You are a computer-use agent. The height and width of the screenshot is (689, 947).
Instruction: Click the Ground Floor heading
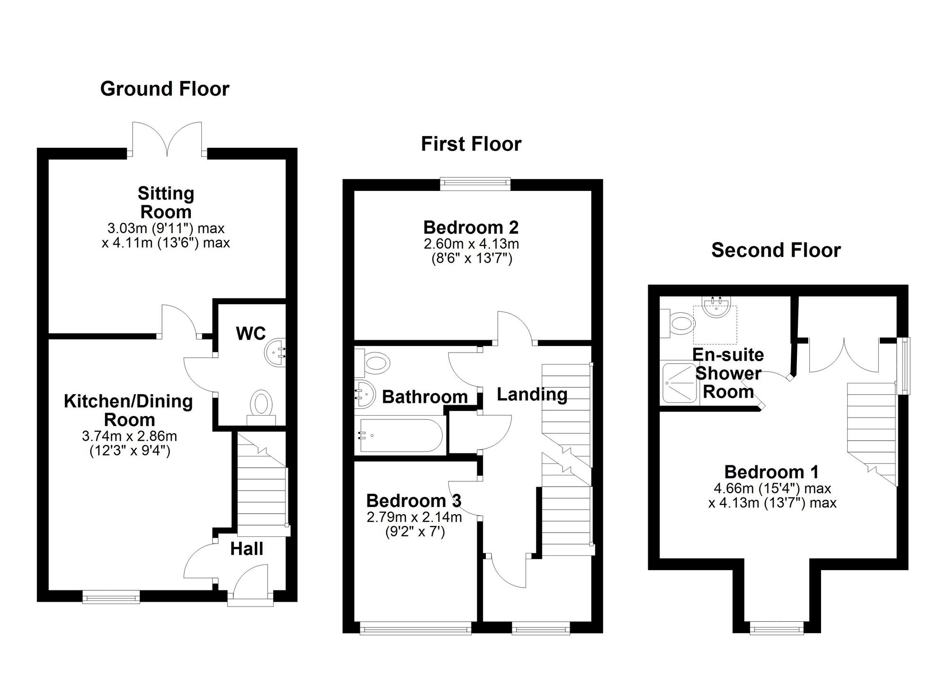(165, 89)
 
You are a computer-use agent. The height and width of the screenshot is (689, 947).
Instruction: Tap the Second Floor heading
(776, 250)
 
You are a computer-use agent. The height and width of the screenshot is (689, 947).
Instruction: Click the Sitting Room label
(166, 202)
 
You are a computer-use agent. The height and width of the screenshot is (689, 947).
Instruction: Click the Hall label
(247, 549)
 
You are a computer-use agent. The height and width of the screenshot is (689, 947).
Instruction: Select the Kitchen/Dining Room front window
(111, 597)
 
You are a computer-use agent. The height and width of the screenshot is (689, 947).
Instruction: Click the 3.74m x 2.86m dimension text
(129, 435)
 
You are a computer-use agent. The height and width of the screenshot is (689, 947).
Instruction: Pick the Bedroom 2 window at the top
(475, 184)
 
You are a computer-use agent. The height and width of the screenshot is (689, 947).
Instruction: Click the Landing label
(532, 394)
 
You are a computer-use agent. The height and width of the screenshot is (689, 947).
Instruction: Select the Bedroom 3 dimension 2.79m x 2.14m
(414, 517)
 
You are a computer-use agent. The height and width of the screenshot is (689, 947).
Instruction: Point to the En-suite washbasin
(717, 307)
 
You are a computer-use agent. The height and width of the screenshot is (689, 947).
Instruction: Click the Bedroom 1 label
(771, 472)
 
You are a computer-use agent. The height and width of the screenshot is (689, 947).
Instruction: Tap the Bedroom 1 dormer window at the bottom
(777, 629)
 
